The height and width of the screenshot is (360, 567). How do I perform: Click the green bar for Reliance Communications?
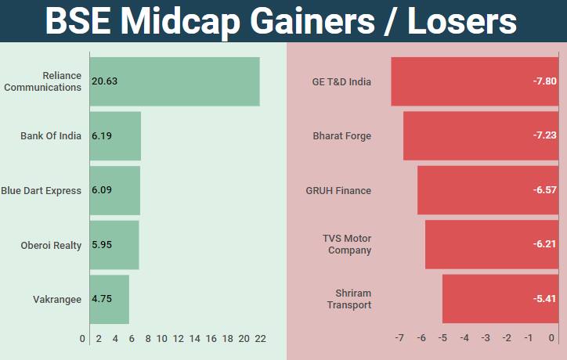click(175, 81)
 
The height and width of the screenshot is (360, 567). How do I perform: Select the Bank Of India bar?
click(115, 136)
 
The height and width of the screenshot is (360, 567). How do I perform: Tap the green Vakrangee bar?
click(110, 299)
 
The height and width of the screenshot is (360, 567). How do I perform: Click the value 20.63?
click(104, 81)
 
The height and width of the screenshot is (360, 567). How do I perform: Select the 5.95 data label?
click(103, 245)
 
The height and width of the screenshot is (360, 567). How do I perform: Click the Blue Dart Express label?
click(41, 190)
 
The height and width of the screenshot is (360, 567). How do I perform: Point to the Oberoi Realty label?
click(51, 245)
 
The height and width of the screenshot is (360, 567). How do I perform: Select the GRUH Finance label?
click(338, 190)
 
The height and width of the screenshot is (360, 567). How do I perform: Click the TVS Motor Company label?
click(347, 244)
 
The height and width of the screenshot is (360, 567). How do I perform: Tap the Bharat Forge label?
click(341, 136)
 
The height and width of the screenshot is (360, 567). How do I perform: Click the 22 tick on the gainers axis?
click(260, 338)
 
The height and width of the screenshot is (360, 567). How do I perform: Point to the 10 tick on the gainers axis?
click(162, 338)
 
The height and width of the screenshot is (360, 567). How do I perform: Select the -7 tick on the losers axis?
click(399, 338)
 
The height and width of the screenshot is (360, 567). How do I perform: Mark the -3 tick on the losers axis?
click(486, 338)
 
